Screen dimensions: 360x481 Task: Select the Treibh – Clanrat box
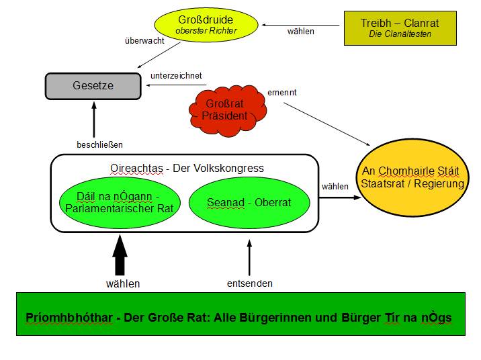[x=400, y=28]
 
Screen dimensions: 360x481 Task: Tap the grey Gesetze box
[x=93, y=86]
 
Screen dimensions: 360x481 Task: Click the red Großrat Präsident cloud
[x=224, y=109]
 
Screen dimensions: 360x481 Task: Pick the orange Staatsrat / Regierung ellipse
[x=412, y=178]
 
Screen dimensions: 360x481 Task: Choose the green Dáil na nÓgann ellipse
[x=120, y=202]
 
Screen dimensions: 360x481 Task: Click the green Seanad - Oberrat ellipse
[x=249, y=202]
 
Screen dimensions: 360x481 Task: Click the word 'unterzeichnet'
[x=176, y=76]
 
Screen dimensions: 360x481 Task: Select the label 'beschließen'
[x=100, y=144]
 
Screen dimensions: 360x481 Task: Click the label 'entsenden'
[x=250, y=283]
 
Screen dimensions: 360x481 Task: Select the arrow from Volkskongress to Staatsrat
[x=335, y=197]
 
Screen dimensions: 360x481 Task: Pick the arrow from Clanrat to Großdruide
[x=302, y=26]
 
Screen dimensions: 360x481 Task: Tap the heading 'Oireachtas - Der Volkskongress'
[x=187, y=168]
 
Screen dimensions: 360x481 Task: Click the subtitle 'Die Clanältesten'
[x=400, y=34]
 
